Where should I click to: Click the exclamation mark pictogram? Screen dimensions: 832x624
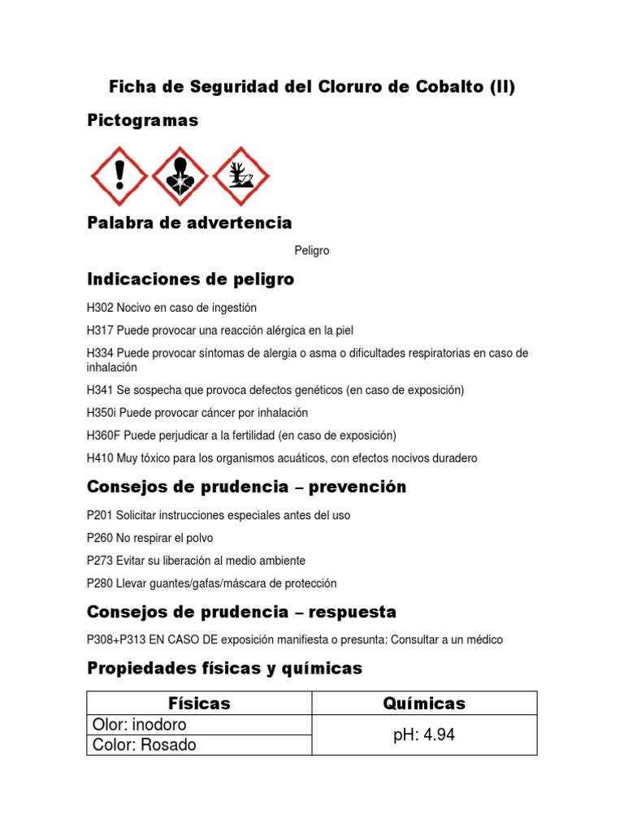(119, 176)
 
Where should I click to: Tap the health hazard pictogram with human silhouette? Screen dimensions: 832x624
(180, 176)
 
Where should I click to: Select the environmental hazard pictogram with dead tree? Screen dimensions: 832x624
(240, 176)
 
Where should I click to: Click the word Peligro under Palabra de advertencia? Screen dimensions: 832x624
(312, 251)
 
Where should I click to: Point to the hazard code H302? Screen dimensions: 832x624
(100, 308)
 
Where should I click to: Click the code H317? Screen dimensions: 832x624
(100, 331)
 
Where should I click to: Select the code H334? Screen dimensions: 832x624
(100, 353)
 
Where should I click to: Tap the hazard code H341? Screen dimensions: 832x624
(100, 390)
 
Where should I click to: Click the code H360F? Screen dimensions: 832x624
(103, 435)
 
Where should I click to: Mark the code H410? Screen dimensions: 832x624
(100, 458)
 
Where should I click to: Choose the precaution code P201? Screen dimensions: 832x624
(100, 515)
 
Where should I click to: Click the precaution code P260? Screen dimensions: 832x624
(100, 538)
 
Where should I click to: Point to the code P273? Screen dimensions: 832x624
(100, 561)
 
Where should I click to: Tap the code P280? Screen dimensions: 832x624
(100, 583)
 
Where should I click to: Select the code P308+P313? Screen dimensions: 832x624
(116, 640)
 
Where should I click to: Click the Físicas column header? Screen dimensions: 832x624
(199, 704)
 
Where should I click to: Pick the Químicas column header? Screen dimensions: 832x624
(424, 704)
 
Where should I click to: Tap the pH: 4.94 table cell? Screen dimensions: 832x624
(424, 735)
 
